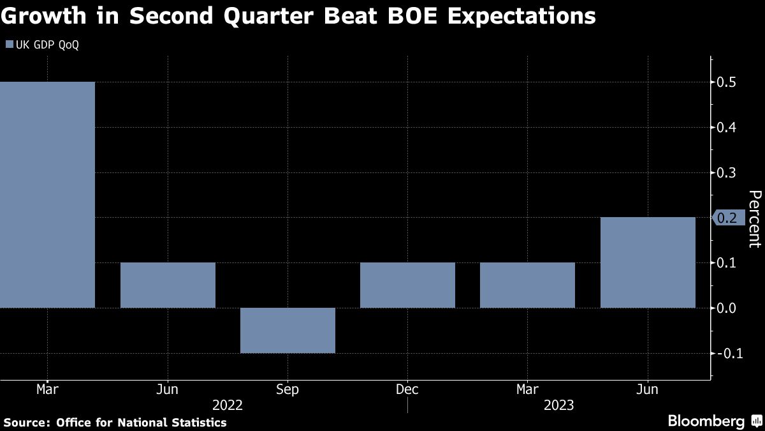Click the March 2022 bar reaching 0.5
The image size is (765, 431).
[x=47, y=195]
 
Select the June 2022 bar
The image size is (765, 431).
[x=168, y=285]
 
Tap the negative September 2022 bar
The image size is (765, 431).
[x=288, y=330]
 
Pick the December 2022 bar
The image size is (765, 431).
[x=407, y=285]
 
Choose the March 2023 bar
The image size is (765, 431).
[x=527, y=285]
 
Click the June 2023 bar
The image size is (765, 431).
[x=648, y=262]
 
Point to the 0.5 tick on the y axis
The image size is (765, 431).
[x=727, y=82]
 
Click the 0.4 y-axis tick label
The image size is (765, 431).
[x=727, y=128]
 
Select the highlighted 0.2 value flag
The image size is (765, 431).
[x=726, y=218]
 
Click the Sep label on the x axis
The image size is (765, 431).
[x=288, y=389]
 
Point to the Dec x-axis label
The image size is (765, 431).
[x=407, y=389]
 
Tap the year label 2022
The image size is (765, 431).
[x=228, y=405]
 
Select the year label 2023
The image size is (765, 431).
[x=558, y=405]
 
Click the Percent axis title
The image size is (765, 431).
[x=755, y=218]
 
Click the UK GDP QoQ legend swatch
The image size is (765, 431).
[x=9, y=45]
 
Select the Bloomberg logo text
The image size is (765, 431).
[x=706, y=421]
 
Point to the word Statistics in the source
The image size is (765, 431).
[x=198, y=422]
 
